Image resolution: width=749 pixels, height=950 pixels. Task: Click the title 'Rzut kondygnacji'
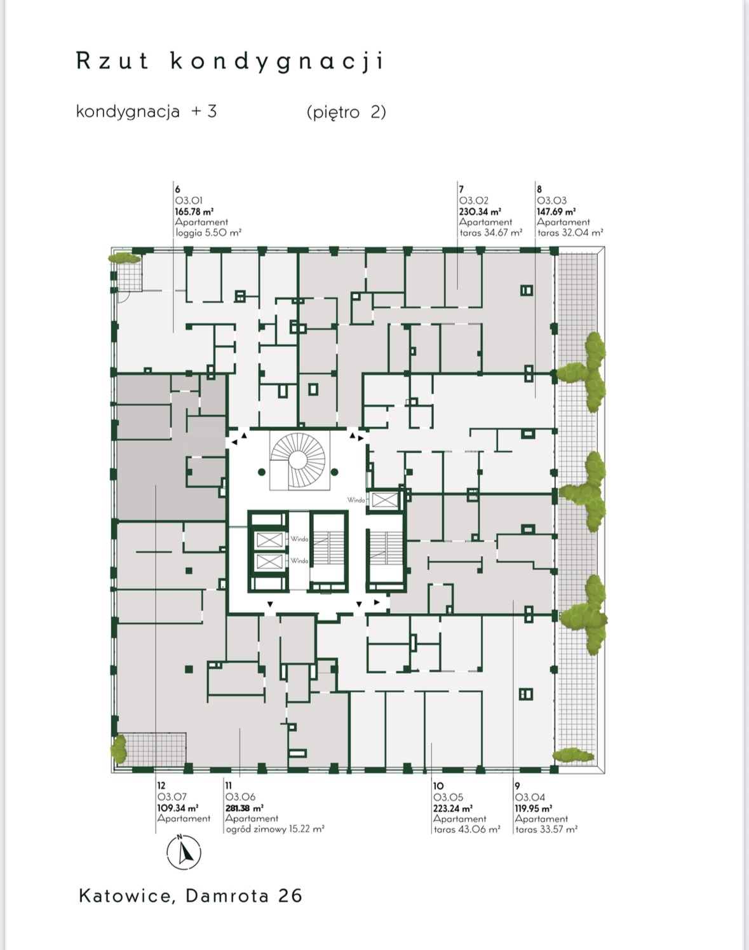(x=230, y=62)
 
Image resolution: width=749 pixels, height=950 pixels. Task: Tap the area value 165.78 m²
(x=194, y=212)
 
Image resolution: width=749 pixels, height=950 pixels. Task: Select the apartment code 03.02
(x=473, y=201)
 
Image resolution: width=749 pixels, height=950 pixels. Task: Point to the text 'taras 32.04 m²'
(x=570, y=233)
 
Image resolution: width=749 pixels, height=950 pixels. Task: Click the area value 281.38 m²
(x=244, y=808)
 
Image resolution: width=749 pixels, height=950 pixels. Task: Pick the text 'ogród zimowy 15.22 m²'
(x=275, y=829)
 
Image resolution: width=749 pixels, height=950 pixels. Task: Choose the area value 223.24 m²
(x=452, y=808)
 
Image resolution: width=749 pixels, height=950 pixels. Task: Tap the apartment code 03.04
(x=530, y=797)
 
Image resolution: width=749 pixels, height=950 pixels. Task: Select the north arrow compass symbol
(x=184, y=852)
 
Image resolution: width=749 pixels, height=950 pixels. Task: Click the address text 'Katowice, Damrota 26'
(x=190, y=896)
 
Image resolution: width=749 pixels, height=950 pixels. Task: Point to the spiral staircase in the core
(x=297, y=459)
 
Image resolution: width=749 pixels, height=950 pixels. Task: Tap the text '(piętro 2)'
(x=346, y=112)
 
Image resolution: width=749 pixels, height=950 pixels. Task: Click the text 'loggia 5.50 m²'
(x=208, y=233)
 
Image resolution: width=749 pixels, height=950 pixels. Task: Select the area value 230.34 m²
(x=480, y=212)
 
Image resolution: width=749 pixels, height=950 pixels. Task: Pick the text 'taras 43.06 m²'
(x=467, y=829)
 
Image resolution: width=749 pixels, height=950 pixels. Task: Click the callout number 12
(x=161, y=786)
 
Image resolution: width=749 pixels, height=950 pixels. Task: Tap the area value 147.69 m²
(x=556, y=212)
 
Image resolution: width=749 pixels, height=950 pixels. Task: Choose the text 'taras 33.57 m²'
(x=546, y=829)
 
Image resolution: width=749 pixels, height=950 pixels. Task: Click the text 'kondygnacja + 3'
(x=146, y=112)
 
